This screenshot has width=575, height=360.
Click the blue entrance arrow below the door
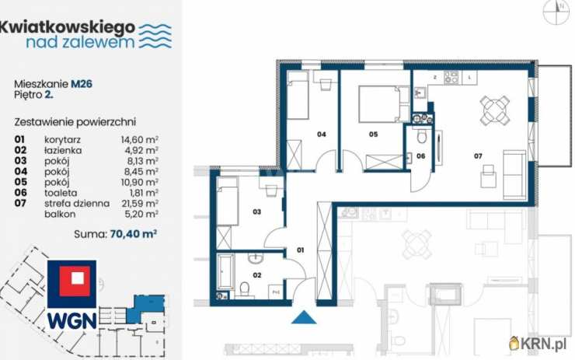pyautogui.click(x=304, y=317)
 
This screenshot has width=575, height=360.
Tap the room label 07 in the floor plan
pyautogui.click(x=478, y=156)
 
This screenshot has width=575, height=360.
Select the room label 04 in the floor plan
pyautogui.click(x=321, y=135)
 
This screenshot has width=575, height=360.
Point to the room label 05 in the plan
pyautogui.click(x=373, y=135)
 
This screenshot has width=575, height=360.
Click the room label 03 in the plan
pyautogui.click(x=256, y=211)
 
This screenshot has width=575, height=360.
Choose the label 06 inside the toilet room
pyautogui.click(x=420, y=156)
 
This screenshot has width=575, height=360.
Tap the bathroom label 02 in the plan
pyautogui.click(x=256, y=275)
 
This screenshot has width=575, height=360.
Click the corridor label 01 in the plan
pyautogui.click(x=301, y=250)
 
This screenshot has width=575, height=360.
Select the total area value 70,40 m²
pyautogui.click(x=134, y=233)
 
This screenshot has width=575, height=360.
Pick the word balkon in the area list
pyautogui.click(x=60, y=214)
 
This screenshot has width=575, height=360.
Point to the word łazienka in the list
pyautogui.click(x=63, y=151)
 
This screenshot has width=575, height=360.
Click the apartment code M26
pyautogui.click(x=82, y=84)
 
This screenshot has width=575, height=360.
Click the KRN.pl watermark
pyautogui.click(x=538, y=344)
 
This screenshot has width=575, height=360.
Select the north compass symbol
pyautogui.click(x=557, y=12)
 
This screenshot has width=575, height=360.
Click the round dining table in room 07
pyautogui.click(x=495, y=110)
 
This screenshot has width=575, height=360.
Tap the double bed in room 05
pyautogui.click(x=383, y=104)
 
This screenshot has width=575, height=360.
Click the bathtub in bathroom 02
pyautogui.click(x=225, y=272)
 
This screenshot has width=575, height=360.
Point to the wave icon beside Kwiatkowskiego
pyautogui.click(x=156, y=36)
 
